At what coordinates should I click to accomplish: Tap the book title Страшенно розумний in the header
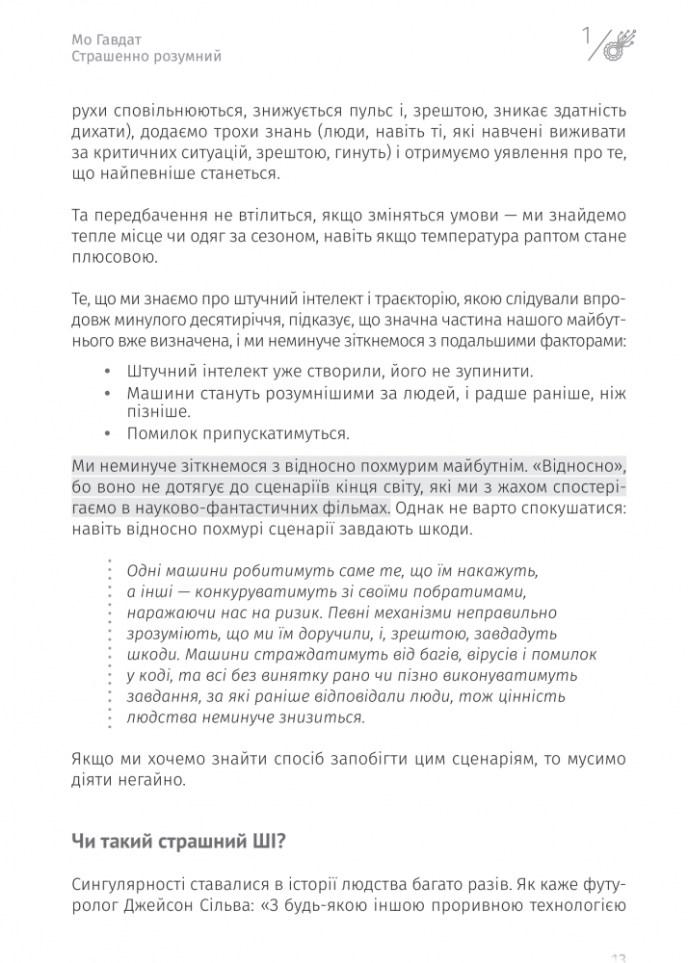pyautogui.click(x=146, y=57)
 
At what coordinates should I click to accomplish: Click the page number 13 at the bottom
pyautogui.click(x=619, y=956)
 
